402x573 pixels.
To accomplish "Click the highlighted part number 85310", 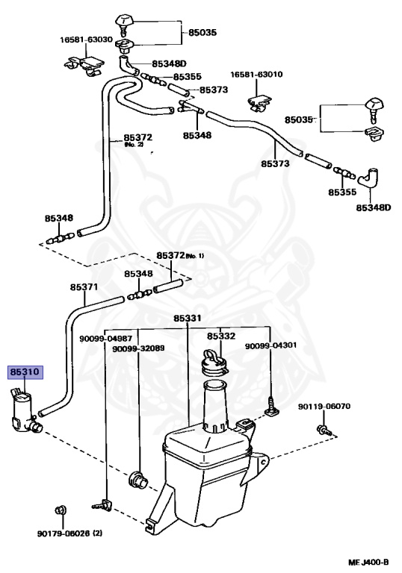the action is point(25,372).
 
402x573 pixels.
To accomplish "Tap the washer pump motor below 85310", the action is point(25,411).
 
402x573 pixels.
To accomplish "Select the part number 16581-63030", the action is point(87,40).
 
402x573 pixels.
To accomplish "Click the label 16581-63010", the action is point(256,75).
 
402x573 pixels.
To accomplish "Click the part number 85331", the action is point(188,319).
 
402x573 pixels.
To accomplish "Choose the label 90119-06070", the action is point(324,407).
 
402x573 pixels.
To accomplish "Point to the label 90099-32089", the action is point(138,348).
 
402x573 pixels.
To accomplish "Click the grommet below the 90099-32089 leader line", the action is point(138,480).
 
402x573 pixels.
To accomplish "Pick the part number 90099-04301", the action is point(271,345).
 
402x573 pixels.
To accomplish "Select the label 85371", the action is point(84,287).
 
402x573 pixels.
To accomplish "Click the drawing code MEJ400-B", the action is point(368,563).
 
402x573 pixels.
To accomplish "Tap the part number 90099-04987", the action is point(106,339).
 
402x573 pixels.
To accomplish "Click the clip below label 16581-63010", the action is point(259,103).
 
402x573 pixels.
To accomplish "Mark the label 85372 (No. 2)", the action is point(137,140).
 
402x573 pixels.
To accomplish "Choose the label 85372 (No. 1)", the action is point(180,255).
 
